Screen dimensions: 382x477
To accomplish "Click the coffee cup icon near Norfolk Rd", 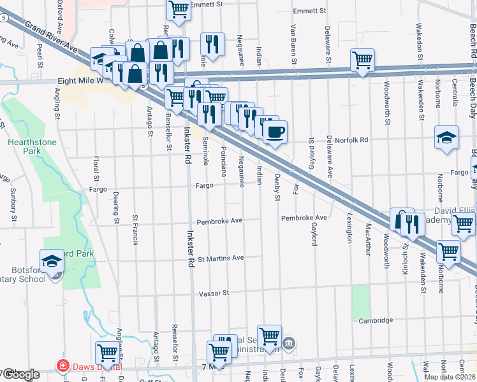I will (x=275, y=132).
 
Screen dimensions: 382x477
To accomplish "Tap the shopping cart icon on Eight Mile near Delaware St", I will (x=362, y=61).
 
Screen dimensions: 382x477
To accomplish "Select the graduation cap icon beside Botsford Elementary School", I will (x=52, y=260).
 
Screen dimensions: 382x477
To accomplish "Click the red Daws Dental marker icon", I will (x=63, y=366).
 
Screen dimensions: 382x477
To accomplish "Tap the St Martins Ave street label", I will (x=221, y=258).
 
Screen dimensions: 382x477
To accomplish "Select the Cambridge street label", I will (x=376, y=320).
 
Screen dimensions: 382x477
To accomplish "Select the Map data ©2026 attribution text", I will (x=449, y=377).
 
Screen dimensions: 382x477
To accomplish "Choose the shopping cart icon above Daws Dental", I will (x=107, y=353).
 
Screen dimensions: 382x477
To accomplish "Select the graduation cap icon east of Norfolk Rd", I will (x=446, y=138).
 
